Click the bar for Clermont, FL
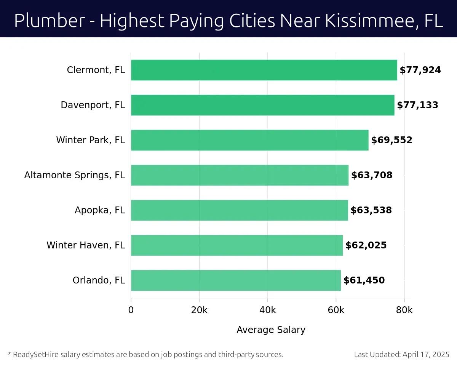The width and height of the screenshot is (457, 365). (264, 70)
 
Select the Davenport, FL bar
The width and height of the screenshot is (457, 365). (262, 105)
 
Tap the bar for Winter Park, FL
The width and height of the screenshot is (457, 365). (249, 140)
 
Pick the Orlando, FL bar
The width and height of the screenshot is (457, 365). (236, 280)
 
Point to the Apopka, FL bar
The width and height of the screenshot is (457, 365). (239, 210)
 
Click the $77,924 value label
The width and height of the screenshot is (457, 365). (420, 70)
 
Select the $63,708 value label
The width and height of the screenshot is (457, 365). (372, 175)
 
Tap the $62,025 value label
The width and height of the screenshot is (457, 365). (366, 245)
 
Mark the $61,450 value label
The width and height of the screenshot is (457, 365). (364, 280)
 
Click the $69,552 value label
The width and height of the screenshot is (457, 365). (391, 140)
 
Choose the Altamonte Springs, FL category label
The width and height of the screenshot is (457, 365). (75, 175)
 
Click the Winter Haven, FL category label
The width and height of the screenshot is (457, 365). (86, 245)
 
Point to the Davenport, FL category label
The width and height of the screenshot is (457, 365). (93, 105)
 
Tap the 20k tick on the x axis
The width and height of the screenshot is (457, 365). (199, 310)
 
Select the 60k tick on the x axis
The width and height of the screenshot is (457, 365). (336, 310)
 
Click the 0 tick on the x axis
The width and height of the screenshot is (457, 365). (131, 310)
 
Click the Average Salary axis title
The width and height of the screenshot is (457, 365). (271, 330)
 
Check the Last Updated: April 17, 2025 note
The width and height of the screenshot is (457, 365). (402, 354)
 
